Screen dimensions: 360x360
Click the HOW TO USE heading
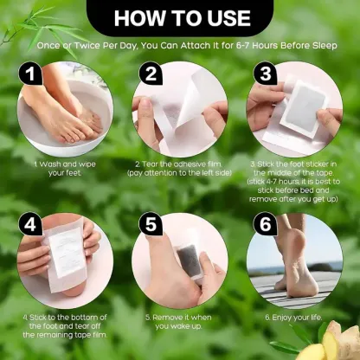pyautogui.click(x=180, y=16)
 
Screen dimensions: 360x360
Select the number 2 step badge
pyautogui.click(x=150, y=74)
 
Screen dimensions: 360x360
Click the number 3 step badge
pyautogui.click(x=266, y=74)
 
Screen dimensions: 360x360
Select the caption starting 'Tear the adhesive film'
pyautogui.click(x=179, y=167)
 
